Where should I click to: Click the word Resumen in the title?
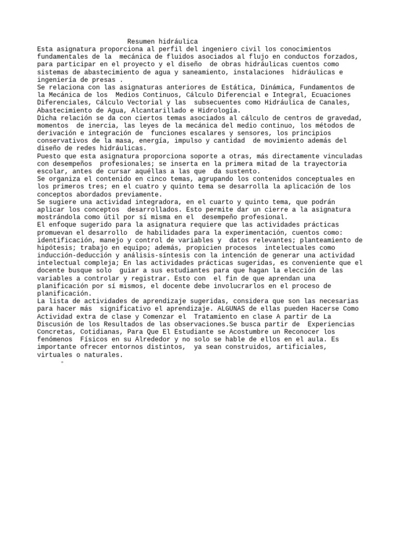pos(142,42)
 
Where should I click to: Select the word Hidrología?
pos(218,110)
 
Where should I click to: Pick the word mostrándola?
pos(59,217)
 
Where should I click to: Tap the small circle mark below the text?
pos(62,362)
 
